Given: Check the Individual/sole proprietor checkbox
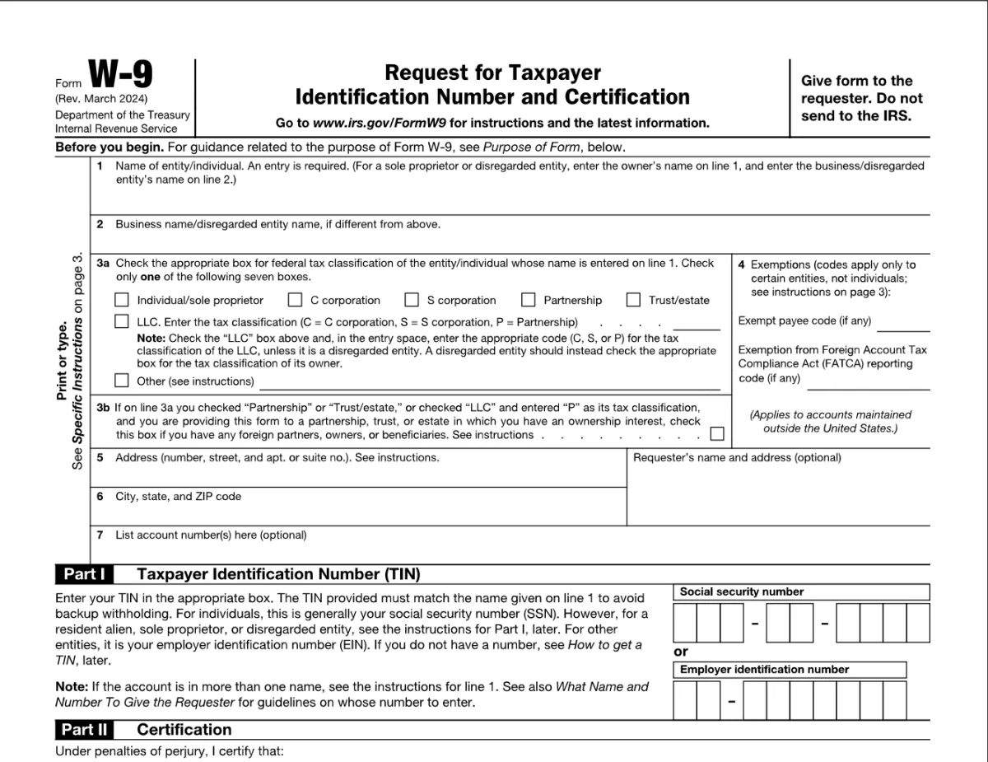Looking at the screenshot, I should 122,300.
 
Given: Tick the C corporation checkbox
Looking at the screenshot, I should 295,300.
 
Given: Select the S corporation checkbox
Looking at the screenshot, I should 412,300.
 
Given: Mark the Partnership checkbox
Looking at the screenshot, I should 529,300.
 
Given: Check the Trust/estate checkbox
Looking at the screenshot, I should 634,300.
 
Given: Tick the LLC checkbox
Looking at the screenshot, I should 122,321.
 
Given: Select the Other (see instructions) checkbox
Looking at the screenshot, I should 122,381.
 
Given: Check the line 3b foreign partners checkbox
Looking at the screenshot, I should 717,434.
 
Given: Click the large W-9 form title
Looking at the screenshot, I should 120,77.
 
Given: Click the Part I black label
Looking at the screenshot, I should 84,574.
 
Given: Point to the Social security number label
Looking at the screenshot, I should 741,591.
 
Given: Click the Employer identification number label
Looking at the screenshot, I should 763,670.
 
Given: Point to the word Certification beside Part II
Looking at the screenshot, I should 184,730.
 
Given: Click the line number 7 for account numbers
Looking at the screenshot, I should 100,535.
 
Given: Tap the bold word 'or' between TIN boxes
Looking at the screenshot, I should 681,652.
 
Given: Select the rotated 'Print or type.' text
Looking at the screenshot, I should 62,361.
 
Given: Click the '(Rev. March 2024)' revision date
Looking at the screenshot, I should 102,100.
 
